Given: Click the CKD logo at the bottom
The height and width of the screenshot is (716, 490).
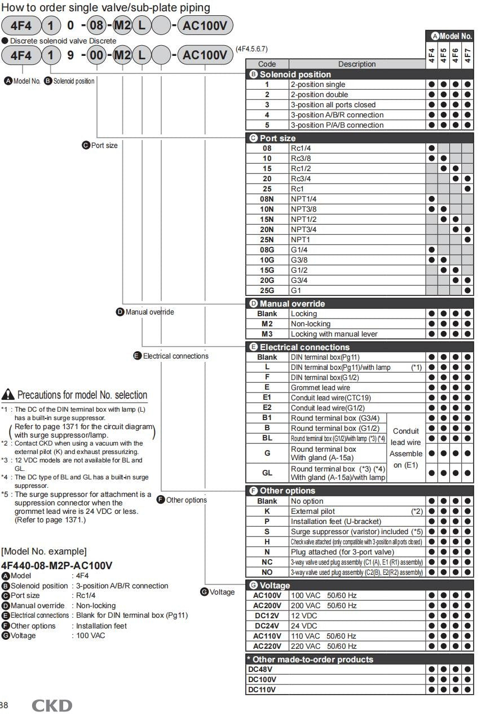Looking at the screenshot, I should [x=51, y=705].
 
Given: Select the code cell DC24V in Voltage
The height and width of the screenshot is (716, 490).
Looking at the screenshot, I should [x=267, y=626].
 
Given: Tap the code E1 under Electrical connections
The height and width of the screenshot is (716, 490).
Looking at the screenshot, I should [x=267, y=398].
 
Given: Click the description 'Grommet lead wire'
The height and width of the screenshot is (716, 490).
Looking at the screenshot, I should [x=320, y=387].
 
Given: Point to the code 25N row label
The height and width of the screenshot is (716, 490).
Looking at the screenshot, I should [x=267, y=239].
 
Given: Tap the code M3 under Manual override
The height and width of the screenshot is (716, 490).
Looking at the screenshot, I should [x=267, y=334].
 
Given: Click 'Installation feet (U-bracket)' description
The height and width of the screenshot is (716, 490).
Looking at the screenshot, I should [x=336, y=521].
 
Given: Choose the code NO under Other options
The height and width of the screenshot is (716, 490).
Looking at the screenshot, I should [x=267, y=572].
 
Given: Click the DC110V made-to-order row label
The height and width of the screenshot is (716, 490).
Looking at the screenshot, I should [x=261, y=689].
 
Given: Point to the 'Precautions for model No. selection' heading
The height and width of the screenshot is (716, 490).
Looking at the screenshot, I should [x=82, y=395].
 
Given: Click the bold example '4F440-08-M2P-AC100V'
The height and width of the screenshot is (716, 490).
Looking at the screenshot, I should [x=56, y=565].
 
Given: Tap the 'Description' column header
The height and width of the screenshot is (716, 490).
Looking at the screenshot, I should [x=356, y=64].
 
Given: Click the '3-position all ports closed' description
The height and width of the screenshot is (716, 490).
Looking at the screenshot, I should [x=333, y=104].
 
